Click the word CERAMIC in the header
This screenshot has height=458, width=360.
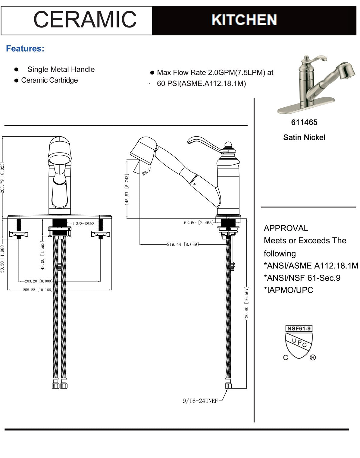point(85,19)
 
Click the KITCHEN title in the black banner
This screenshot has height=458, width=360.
point(244,20)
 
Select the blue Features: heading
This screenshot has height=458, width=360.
point(25,49)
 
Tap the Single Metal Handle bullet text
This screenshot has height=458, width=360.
point(61,69)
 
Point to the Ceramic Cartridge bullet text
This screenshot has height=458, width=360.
point(49,80)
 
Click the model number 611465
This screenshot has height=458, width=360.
point(304,122)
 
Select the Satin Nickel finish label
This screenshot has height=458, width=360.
point(304,137)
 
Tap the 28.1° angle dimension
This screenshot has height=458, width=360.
point(147,172)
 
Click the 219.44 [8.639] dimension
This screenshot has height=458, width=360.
point(183,244)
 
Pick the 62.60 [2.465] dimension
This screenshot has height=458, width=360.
point(198,223)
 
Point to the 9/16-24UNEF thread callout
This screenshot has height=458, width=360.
point(200,401)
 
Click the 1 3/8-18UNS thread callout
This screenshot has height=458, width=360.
point(83,224)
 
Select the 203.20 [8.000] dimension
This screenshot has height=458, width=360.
point(39,281)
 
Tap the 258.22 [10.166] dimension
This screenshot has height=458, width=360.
point(38,290)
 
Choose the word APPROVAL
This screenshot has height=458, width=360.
point(286,228)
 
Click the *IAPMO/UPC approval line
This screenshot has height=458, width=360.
point(288,290)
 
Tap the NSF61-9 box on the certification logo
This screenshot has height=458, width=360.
point(299,328)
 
